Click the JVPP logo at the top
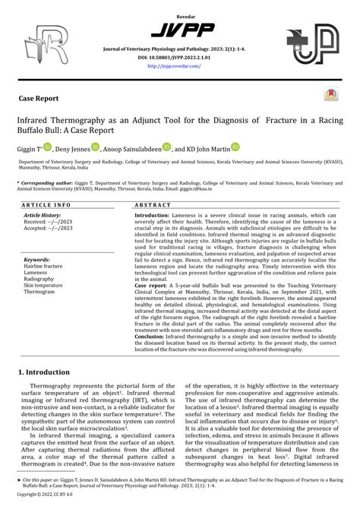(x=179, y=30)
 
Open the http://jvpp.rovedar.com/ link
(x=179, y=65)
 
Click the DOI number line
(x=179, y=57)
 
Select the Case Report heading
(x=42, y=99)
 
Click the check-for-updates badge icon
(x=331, y=95)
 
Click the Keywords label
(x=37, y=259)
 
